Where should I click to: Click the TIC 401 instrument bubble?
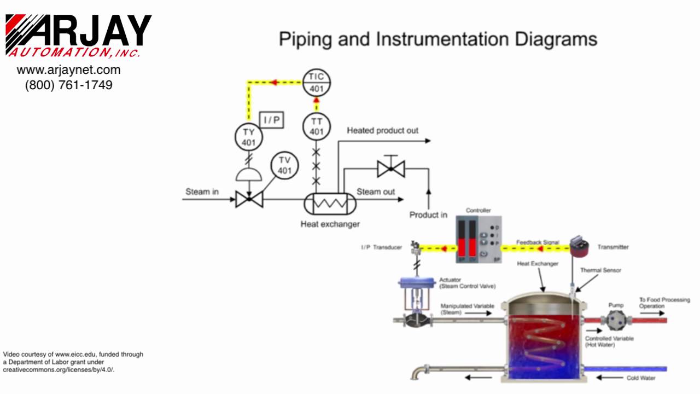click(x=317, y=83)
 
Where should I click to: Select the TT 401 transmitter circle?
click(x=317, y=126)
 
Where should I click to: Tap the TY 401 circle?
click(x=249, y=137)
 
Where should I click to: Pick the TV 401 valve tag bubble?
click(x=284, y=165)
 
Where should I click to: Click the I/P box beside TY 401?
click(x=271, y=120)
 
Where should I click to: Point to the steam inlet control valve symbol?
click(x=249, y=199)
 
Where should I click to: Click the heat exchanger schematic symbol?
click(x=330, y=204)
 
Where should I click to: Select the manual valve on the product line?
click(x=391, y=169)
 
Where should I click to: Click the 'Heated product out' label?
click(x=382, y=130)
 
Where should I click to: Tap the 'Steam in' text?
click(x=202, y=192)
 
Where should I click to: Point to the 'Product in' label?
click(x=428, y=215)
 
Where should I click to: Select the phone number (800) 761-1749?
click(x=69, y=85)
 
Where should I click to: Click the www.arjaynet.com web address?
click(x=69, y=69)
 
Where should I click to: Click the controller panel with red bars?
click(x=479, y=239)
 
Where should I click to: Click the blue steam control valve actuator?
click(x=417, y=283)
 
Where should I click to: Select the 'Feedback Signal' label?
click(x=538, y=242)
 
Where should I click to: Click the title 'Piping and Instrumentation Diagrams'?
click(x=437, y=39)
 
